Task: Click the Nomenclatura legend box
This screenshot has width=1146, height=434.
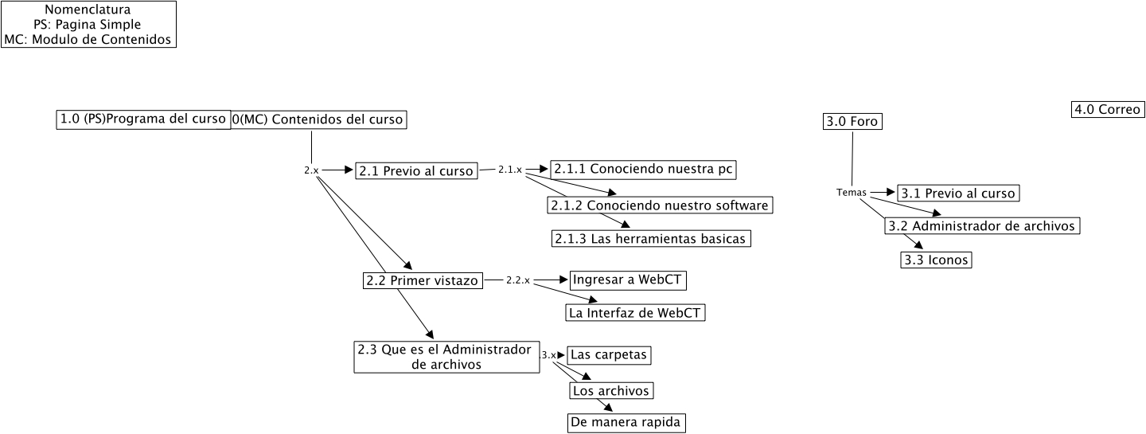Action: point(88,25)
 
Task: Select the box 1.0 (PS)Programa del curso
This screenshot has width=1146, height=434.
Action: point(143,119)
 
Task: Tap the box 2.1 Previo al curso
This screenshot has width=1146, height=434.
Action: point(416,170)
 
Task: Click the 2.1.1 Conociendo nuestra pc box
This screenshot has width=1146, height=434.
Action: point(644,169)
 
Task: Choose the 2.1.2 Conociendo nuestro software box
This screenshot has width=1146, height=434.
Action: point(661,205)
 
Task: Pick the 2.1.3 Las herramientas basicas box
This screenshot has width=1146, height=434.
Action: point(650,238)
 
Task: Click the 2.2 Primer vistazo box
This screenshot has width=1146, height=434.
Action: point(422,280)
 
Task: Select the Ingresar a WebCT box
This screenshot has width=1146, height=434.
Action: point(628,280)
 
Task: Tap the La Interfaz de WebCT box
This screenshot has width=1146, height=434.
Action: point(635,313)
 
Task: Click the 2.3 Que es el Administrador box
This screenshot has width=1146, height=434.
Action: point(443,357)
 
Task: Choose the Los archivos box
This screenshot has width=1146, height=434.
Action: point(612,391)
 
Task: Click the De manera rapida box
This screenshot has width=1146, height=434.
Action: point(626,422)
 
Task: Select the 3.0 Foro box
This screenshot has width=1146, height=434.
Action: point(852,122)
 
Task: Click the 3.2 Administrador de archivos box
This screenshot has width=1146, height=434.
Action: point(982,226)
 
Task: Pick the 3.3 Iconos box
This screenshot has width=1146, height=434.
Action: point(936,260)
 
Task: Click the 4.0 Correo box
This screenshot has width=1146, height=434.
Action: point(1107,110)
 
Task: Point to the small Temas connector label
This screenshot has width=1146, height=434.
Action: point(851,193)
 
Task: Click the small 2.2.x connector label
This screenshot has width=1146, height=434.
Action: point(517,280)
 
